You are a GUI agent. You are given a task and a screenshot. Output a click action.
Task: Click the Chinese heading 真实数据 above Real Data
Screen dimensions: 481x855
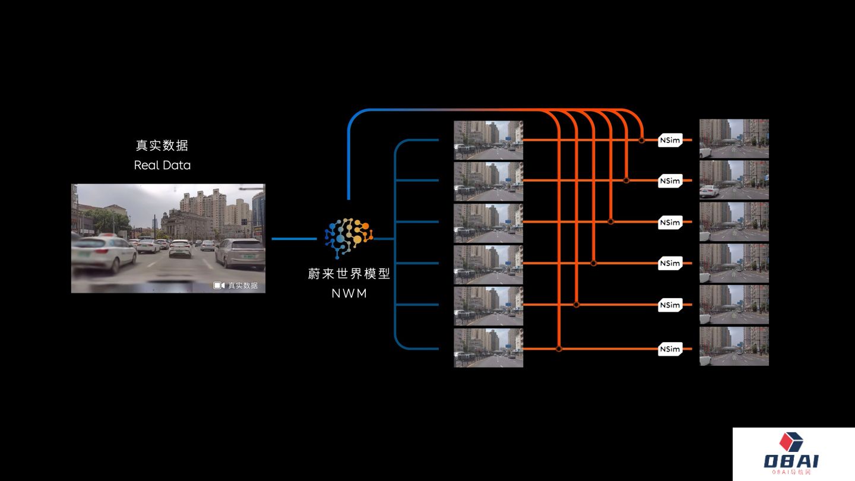pyautogui.click(x=162, y=145)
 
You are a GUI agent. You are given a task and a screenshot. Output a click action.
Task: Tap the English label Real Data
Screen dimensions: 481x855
pyautogui.click(x=162, y=165)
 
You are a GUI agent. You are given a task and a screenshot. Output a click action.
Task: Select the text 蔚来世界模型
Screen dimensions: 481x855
pyautogui.click(x=349, y=274)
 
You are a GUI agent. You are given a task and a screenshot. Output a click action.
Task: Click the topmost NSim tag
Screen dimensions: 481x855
pyautogui.click(x=670, y=141)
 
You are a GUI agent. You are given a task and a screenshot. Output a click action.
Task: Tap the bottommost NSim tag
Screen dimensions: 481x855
pyautogui.click(x=670, y=349)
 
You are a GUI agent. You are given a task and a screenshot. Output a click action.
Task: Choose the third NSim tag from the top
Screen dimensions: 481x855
pyautogui.click(x=670, y=223)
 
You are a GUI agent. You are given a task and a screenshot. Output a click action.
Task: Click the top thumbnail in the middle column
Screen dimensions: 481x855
pyautogui.click(x=489, y=140)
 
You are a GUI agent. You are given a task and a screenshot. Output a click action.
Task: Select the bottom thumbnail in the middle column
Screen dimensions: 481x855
pyautogui.click(x=489, y=348)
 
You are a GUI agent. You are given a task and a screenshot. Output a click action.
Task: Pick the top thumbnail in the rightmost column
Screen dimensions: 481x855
pyautogui.click(x=734, y=138)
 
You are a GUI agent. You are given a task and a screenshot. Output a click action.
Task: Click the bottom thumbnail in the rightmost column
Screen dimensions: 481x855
pyautogui.click(x=734, y=346)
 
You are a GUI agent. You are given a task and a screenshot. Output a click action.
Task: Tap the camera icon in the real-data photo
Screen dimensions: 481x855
pyautogui.click(x=218, y=286)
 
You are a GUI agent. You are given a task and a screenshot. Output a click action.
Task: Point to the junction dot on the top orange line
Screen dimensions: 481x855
pyautogui.click(x=642, y=141)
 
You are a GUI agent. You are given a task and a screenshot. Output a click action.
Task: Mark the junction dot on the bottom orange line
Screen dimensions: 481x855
pyautogui.click(x=559, y=349)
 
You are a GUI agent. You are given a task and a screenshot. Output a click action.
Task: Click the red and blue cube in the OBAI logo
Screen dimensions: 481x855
pyautogui.click(x=791, y=441)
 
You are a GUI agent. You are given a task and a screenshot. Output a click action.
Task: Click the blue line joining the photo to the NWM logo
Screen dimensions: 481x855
pyautogui.click(x=294, y=239)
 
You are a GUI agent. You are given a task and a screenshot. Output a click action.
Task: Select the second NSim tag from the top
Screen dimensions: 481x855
pyautogui.click(x=670, y=181)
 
